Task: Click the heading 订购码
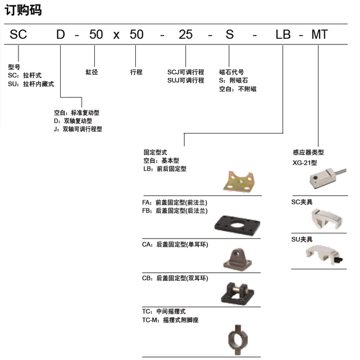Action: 23,10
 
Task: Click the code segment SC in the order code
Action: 18,35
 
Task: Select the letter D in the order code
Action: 61,35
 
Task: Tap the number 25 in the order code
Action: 185,35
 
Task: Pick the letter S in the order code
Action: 229,35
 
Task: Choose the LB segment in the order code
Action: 283,35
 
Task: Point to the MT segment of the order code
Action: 320,35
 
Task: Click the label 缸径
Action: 92,72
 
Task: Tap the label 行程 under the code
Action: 136,72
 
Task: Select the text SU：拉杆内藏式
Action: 31,84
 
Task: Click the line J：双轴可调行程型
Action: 78,129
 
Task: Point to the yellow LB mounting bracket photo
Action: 239,181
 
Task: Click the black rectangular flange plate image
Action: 237,225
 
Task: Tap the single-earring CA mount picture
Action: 237,259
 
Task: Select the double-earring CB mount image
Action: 237,294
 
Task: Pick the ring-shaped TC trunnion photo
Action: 238,340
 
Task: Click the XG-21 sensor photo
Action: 328,179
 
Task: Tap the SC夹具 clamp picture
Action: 326,219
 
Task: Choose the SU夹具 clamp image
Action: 324,255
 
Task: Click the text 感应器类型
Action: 309,152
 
